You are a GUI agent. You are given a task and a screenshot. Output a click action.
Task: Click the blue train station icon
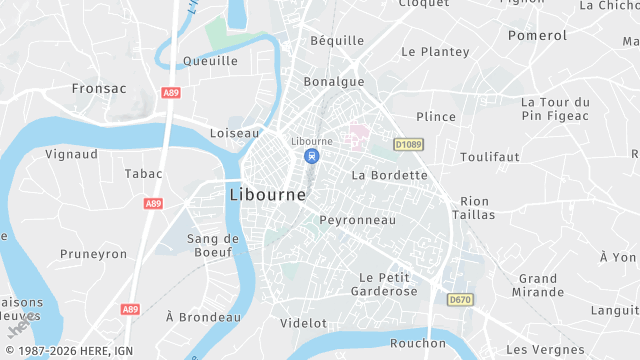[312, 156]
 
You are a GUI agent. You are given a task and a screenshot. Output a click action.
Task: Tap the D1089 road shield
[408, 144]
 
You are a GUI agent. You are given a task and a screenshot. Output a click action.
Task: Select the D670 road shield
[460, 299]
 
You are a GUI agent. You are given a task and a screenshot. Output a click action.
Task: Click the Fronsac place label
[99, 88]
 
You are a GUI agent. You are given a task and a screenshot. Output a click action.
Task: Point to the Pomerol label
[537, 35]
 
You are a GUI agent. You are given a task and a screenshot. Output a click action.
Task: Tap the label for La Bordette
[390, 175]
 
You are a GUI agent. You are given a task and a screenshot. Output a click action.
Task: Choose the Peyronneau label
[358, 219]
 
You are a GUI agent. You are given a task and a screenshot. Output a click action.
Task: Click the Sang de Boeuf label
[214, 246]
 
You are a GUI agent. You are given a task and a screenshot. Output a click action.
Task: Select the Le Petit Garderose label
[384, 284]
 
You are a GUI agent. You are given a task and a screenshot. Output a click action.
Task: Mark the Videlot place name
[304, 323]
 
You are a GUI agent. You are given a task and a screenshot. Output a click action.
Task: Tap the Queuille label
[211, 61]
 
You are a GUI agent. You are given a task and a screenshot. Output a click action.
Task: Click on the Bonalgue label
[334, 82]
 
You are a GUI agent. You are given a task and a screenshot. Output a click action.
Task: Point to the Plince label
[435, 116]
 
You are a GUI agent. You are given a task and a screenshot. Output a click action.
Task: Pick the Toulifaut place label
[490, 157]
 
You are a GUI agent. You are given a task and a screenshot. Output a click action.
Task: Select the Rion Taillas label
[474, 207]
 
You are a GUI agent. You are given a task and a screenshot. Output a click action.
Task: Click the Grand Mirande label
[538, 285]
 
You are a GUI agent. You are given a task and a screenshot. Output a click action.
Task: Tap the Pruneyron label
[94, 254]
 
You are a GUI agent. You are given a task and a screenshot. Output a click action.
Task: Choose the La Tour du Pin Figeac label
[556, 110]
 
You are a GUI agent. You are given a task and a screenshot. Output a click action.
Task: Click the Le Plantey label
[435, 51]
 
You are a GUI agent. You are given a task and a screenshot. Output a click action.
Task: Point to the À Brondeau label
[204, 317]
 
